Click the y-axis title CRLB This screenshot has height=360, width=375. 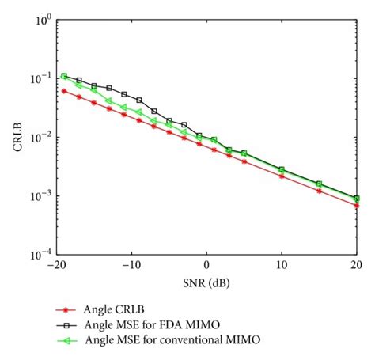pos(17,135)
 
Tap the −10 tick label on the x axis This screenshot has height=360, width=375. pos(130,267)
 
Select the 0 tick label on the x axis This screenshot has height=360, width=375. pos(206,267)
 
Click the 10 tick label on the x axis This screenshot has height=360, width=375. pos(281,267)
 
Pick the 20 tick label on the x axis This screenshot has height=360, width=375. pos(355,267)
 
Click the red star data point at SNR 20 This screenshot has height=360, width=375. pos(356,206)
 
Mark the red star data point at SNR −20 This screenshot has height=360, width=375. pos(63,91)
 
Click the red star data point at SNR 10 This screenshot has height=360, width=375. pos(281,176)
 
